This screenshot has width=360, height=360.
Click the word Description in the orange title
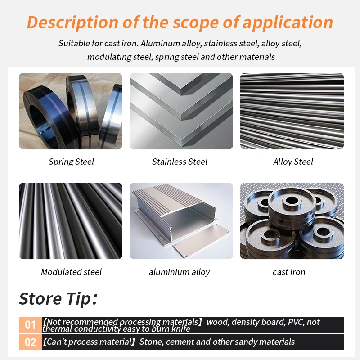click(x=72, y=23)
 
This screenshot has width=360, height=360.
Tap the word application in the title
click(x=288, y=23)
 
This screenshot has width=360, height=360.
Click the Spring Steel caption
click(x=72, y=162)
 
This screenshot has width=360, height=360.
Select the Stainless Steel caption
click(x=180, y=162)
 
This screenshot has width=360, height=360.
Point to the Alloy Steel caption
click(x=293, y=162)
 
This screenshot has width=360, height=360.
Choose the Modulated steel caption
click(x=71, y=272)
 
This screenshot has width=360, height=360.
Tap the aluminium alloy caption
click(x=179, y=272)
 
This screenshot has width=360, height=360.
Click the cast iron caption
click(x=289, y=272)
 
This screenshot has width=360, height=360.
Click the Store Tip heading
click(x=58, y=299)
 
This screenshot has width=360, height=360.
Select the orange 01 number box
click(x=31, y=324)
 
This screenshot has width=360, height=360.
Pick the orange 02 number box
click(x=31, y=342)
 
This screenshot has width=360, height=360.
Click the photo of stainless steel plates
click(x=181, y=111)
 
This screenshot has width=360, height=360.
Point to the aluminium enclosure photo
click(x=181, y=221)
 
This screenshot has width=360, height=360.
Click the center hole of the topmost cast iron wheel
click(x=292, y=200)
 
